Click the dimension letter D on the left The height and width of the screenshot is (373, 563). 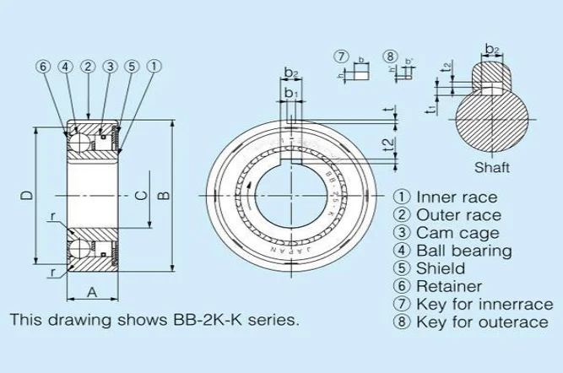(x=27, y=195)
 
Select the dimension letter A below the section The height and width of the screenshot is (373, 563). (x=90, y=293)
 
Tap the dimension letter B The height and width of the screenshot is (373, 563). (x=165, y=196)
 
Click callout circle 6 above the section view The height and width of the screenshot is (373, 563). (x=44, y=67)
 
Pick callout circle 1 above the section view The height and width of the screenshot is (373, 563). (x=153, y=67)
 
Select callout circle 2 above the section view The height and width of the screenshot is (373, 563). (x=87, y=67)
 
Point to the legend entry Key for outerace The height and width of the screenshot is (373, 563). (x=474, y=323)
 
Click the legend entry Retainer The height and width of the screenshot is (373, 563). (x=439, y=287)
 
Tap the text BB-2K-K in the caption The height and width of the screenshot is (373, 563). (x=203, y=322)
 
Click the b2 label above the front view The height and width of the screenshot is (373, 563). (x=290, y=73)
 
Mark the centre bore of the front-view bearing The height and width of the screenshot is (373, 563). (x=290, y=195)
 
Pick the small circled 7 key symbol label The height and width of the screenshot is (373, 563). (x=341, y=57)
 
